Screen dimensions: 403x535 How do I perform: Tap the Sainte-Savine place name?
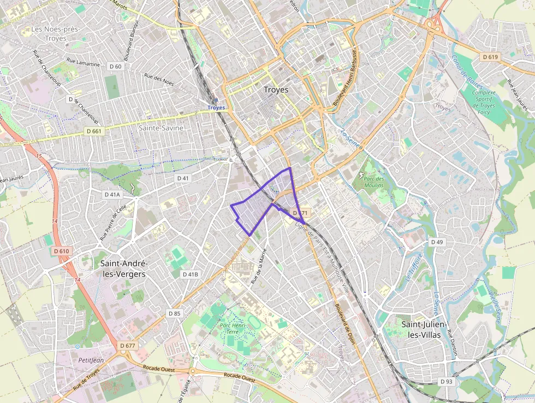(161, 127)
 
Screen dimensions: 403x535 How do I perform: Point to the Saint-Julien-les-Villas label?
(425, 329)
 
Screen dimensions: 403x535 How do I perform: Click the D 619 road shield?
(491, 56)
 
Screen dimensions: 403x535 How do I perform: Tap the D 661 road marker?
(93, 131)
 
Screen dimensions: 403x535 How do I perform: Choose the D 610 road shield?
(62, 251)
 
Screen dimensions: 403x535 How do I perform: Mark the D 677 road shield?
(127, 346)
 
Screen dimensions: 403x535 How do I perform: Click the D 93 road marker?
(446, 381)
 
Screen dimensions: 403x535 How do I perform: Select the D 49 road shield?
(436, 242)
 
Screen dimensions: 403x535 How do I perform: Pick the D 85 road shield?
(174, 313)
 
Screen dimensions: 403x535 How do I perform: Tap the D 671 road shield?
(301, 212)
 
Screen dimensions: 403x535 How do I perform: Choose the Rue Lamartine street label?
(83, 62)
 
